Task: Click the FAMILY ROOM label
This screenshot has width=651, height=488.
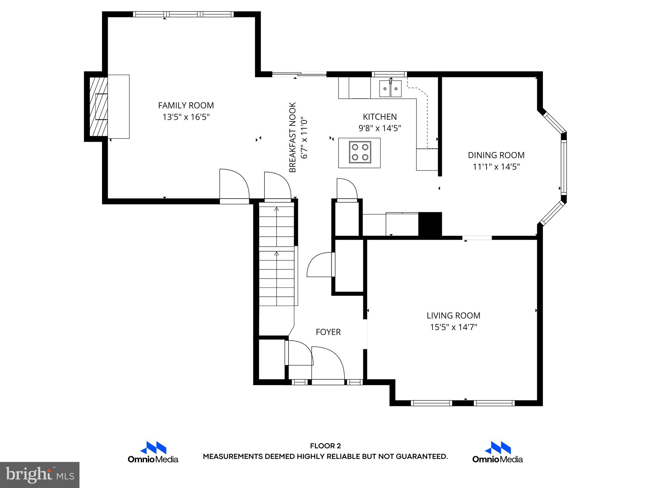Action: click(186, 105)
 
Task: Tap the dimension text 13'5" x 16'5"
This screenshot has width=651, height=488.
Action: click(186, 117)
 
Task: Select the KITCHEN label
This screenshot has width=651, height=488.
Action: click(380, 117)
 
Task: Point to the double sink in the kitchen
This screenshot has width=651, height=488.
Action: click(390, 89)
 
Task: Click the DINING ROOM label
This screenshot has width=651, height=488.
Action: click(496, 155)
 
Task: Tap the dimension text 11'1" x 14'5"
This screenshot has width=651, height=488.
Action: click(496, 167)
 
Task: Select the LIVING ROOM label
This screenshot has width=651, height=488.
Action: click(453, 315)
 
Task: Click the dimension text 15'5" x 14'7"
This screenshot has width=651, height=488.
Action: click(453, 327)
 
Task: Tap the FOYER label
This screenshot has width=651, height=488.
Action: click(328, 332)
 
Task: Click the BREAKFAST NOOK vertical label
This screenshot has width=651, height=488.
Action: click(293, 137)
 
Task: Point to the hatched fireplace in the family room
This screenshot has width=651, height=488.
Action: click(98, 106)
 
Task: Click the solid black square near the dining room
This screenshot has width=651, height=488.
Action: click(430, 224)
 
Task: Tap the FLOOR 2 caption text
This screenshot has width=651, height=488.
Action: click(325, 446)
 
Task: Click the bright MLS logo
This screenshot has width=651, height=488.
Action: click(39, 475)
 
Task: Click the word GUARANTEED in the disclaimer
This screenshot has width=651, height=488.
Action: click(421, 457)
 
